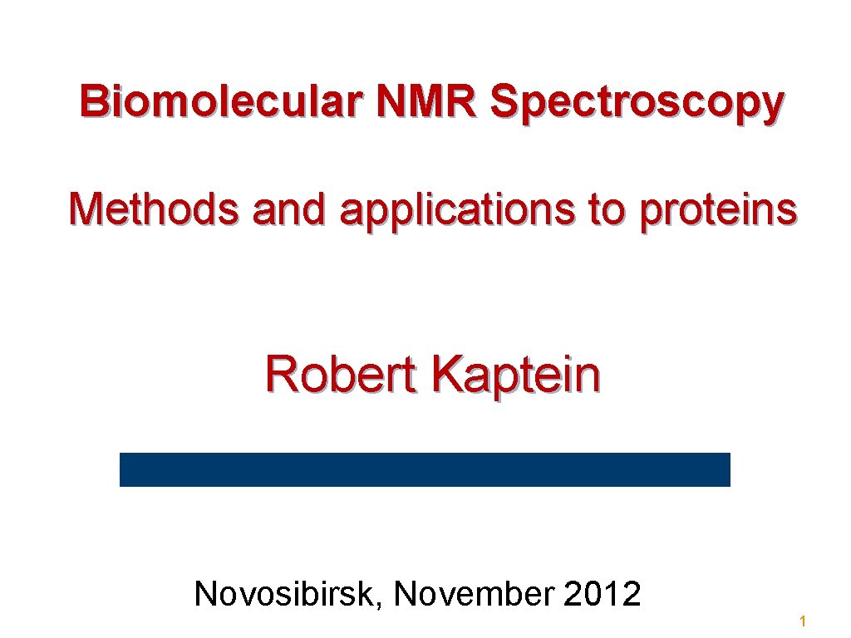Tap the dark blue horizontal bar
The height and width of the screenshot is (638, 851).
[425, 469]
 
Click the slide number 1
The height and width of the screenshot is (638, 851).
[803, 621]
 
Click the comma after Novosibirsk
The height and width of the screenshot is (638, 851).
[380, 604]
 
